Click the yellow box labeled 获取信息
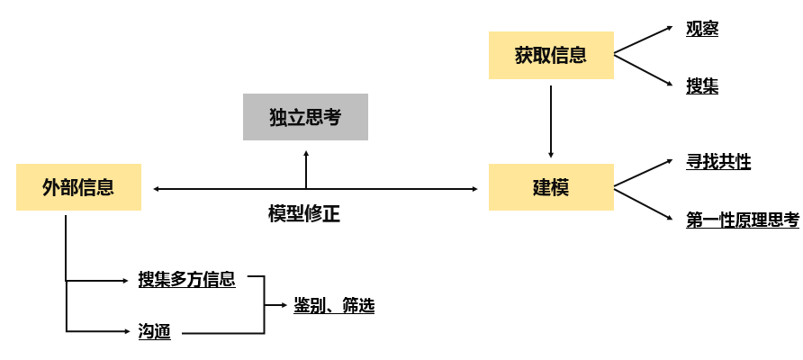pyautogui.click(x=550, y=55)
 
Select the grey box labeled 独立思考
pyautogui.click(x=305, y=117)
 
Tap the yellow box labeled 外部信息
pyautogui.click(x=78, y=187)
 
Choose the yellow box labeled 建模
pyautogui.click(x=550, y=187)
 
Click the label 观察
pyautogui.click(x=701, y=29)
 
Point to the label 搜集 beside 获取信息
pyautogui.click(x=701, y=86)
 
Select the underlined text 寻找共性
pyautogui.click(x=717, y=162)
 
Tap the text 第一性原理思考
pyautogui.click(x=742, y=220)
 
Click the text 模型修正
pyautogui.click(x=304, y=214)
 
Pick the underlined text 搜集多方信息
pyautogui.click(x=186, y=279)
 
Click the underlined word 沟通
pyautogui.click(x=154, y=331)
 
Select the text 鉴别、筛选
pyautogui.click(x=333, y=306)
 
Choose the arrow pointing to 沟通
pyautogui.click(x=99, y=331)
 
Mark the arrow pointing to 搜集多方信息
pyautogui.click(x=99, y=280)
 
